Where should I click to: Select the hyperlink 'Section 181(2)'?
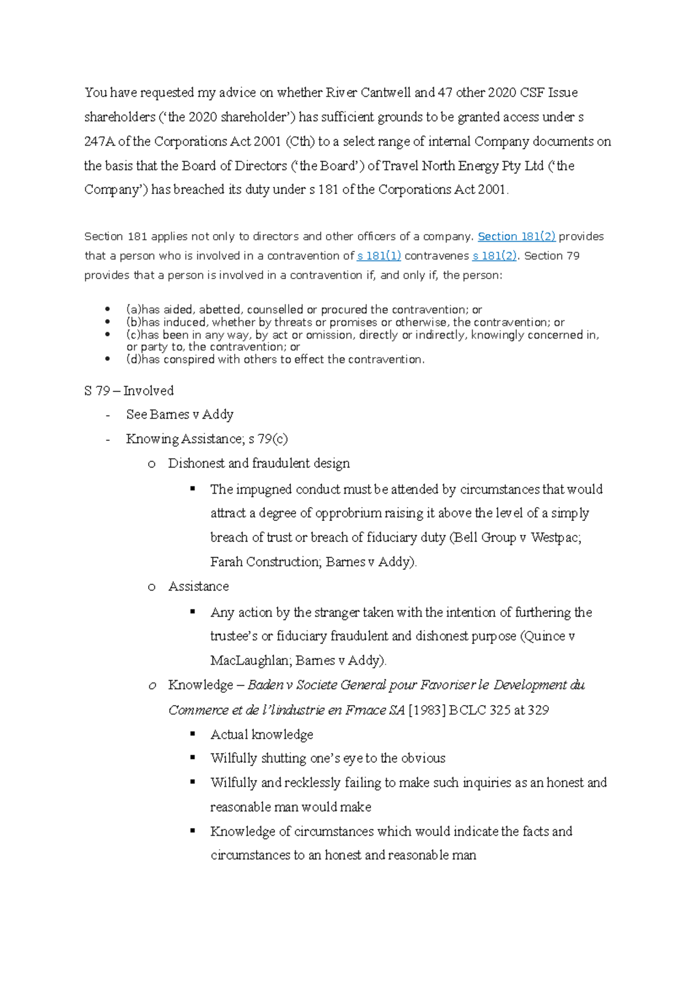[x=516, y=236]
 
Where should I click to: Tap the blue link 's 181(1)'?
[x=379, y=256]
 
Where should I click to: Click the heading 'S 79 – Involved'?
[x=129, y=390]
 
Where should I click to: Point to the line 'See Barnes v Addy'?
[x=179, y=414]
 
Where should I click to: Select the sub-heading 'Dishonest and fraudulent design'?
[x=259, y=463]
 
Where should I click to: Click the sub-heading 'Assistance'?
[x=199, y=586]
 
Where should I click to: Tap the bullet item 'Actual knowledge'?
[x=261, y=734]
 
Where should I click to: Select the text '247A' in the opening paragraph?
[x=99, y=141]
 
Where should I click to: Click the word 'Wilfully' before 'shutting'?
[x=233, y=758]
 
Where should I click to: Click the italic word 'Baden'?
[x=265, y=685]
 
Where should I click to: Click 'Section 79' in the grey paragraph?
[x=552, y=256]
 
